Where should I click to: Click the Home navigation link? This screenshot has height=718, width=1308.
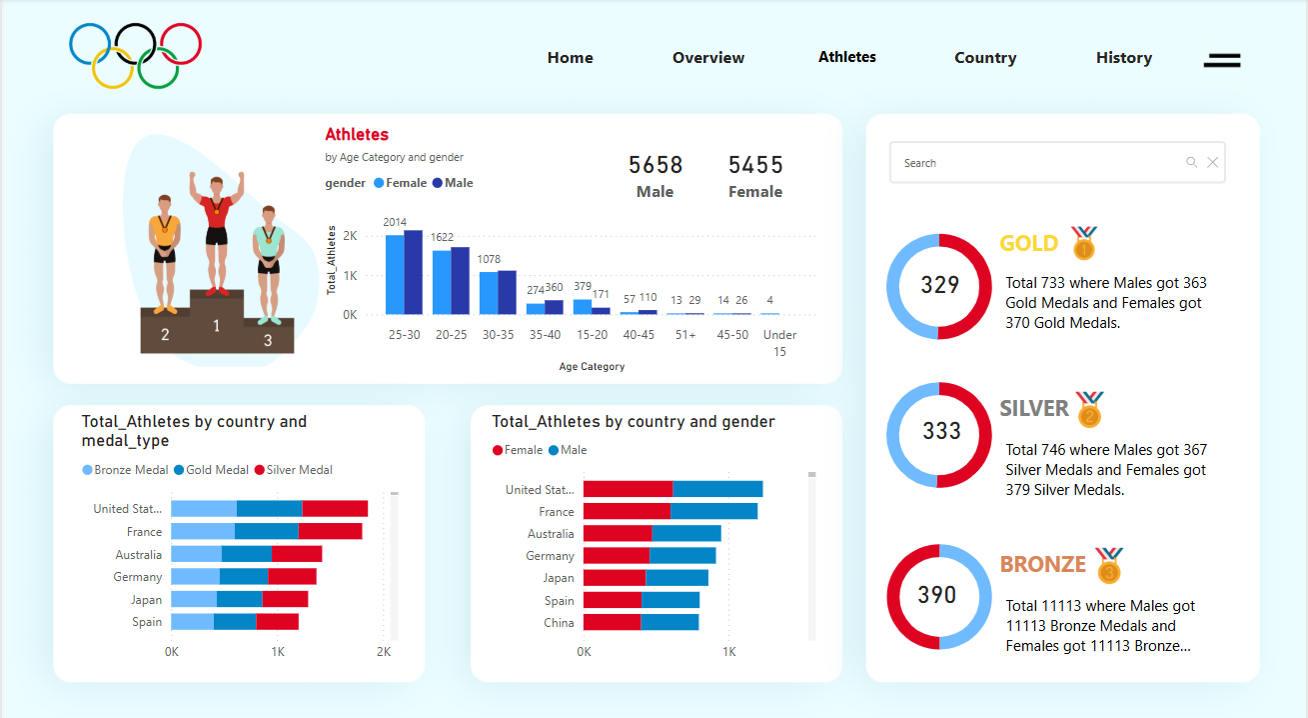[570, 58]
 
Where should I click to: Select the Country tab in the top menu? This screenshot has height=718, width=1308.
[984, 58]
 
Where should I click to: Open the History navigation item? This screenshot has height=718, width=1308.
[1123, 58]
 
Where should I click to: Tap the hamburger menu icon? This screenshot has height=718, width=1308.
[1221, 60]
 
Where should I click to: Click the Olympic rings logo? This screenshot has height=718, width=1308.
[135, 55]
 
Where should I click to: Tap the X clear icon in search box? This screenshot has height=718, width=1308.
[1212, 163]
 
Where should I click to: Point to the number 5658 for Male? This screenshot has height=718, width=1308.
[654, 165]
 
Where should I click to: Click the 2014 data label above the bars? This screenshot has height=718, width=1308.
[395, 222]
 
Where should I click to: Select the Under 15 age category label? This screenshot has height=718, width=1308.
[779, 343]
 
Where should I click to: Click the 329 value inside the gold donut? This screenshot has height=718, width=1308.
[939, 286]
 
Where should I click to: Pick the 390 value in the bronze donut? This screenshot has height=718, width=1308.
[937, 596]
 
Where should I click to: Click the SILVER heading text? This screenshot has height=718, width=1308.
[1034, 408]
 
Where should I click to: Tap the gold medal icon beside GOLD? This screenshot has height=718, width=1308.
[1084, 243]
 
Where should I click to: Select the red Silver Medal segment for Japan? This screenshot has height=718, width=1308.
[285, 599]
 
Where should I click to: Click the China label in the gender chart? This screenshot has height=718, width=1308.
[559, 623]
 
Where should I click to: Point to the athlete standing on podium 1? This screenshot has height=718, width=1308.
[216, 230]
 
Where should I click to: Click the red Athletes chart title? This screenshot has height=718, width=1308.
[357, 135]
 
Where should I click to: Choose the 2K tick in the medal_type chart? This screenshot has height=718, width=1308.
[383, 652]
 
